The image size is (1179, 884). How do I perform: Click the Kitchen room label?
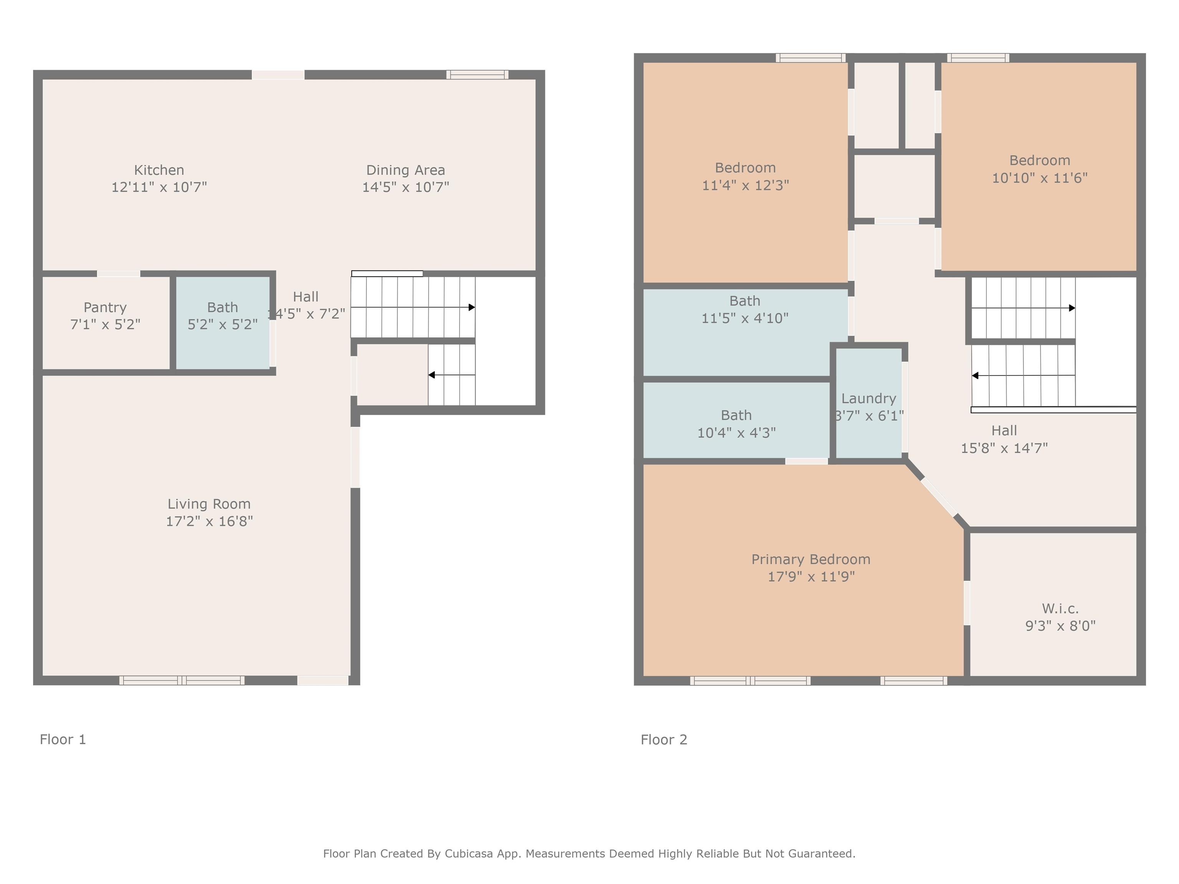pos(159,170)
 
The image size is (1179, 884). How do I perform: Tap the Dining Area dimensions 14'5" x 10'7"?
pos(406,187)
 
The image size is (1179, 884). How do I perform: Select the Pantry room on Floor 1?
pos(106,322)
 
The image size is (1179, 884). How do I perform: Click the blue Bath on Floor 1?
pos(223,322)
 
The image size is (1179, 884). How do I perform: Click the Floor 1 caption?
pos(63,740)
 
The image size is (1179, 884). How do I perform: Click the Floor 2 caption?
pos(664,740)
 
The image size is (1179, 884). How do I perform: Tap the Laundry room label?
pos(869,399)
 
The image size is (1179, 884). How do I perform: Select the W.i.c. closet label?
pos(1060,609)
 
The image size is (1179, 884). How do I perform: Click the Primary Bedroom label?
pos(811,559)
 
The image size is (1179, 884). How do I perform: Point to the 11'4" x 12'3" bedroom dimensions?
pos(745,185)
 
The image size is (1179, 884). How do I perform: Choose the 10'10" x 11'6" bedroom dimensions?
pos(1039,178)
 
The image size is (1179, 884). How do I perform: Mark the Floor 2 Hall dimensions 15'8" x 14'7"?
pos(1004,448)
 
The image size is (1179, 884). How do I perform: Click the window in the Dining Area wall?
pos(477,74)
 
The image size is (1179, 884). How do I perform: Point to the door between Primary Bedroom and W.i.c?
pos(967,603)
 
